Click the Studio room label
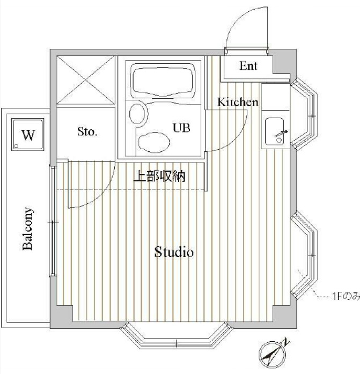tap(174, 252)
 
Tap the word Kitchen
tap(237, 102)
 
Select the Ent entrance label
tap(248, 66)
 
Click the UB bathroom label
tap(181, 128)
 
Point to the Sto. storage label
tap(86, 131)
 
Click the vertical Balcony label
tap(28, 228)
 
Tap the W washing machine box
tap(28, 134)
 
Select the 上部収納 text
tap(159, 176)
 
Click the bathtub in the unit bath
tap(161, 80)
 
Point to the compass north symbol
tap(274, 352)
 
